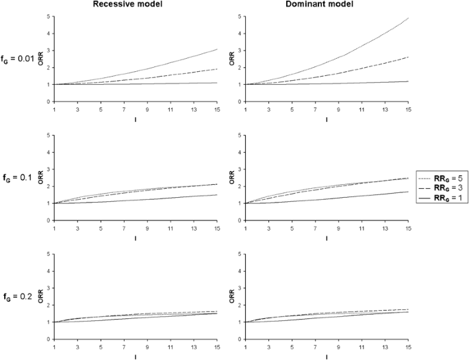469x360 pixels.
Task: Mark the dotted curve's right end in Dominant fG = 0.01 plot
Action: [408, 18]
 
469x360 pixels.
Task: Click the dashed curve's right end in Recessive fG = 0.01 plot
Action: [218, 69]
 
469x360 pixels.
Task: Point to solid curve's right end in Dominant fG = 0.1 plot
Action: [408, 192]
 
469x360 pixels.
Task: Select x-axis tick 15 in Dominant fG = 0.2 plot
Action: [408, 346]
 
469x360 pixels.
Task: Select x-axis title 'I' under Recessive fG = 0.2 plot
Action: [136, 356]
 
